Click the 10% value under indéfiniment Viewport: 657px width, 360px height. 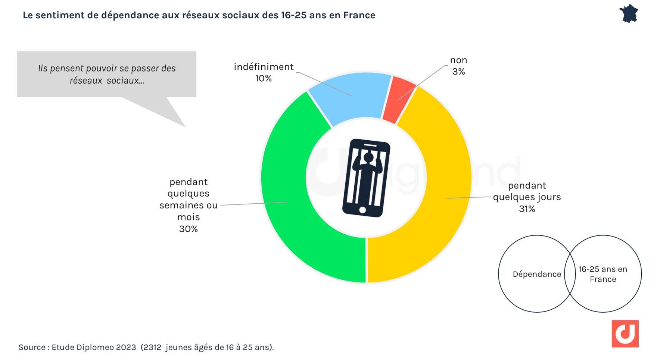tap(263, 79)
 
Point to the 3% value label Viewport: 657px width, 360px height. tap(458, 72)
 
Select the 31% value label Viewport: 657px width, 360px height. tap(527, 209)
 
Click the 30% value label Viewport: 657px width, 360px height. tap(188, 229)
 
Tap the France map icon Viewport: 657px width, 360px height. tap(629, 14)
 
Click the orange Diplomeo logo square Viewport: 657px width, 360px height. tap(625, 334)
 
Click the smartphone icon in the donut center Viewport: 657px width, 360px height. tap(366, 178)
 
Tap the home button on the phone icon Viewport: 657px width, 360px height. tap(362, 210)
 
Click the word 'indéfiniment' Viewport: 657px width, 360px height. tap(264, 67)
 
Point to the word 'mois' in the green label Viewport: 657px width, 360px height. tap(189, 217)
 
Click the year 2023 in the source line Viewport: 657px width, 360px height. tap(126, 347)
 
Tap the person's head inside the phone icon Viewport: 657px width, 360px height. tap(369, 158)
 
